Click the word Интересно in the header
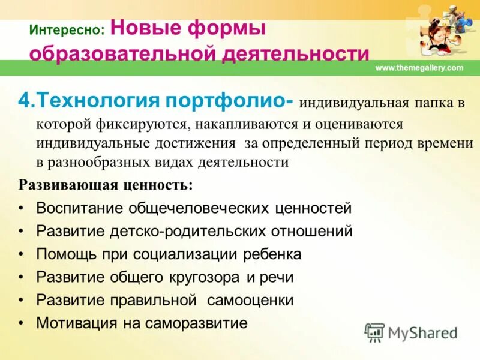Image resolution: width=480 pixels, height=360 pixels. pyautogui.click(x=67, y=29)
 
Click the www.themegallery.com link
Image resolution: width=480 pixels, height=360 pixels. pyautogui.click(x=419, y=68)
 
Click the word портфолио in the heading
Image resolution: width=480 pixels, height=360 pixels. pyautogui.click(x=229, y=100)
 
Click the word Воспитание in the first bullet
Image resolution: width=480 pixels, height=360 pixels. pyautogui.click(x=82, y=208)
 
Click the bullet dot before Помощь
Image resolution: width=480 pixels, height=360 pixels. pyautogui.click(x=22, y=254)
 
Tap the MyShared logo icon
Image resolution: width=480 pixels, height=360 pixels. pyautogui.click(x=374, y=331)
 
